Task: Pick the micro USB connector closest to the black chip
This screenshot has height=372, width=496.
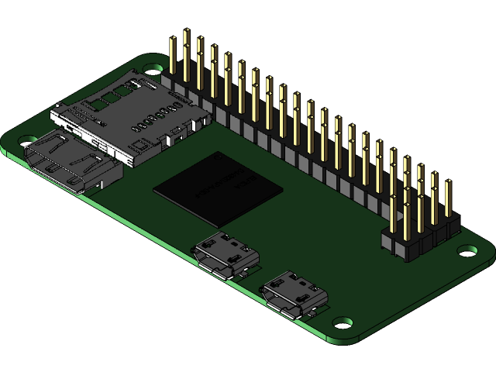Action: (x=226, y=254)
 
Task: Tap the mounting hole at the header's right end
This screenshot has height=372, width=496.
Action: (x=467, y=250)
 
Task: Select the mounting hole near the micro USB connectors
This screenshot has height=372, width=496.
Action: (x=342, y=322)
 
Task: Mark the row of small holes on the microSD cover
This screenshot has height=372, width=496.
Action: (x=155, y=116)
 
